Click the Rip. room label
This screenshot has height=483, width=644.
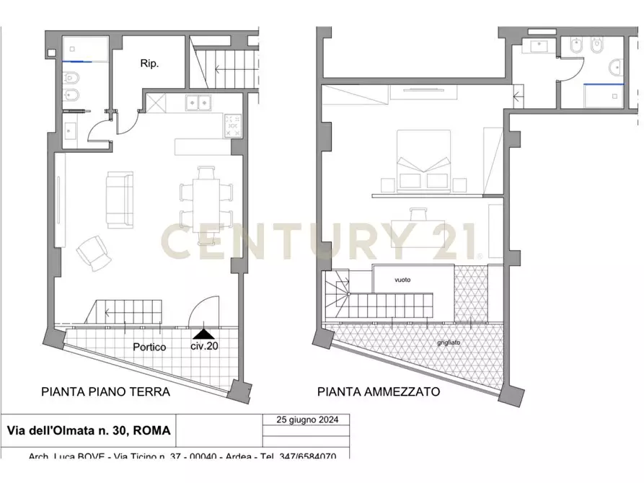click(149, 63)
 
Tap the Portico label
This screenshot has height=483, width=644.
click(149, 347)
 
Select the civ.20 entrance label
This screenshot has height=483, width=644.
click(204, 346)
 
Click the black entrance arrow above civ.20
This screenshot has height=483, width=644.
click(204, 334)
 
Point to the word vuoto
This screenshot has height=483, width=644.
click(402, 280)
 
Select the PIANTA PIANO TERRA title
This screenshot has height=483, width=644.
click(105, 392)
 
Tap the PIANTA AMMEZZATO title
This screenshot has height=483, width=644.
click(379, 392)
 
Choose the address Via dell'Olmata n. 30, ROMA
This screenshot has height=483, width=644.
click(89, 431)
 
